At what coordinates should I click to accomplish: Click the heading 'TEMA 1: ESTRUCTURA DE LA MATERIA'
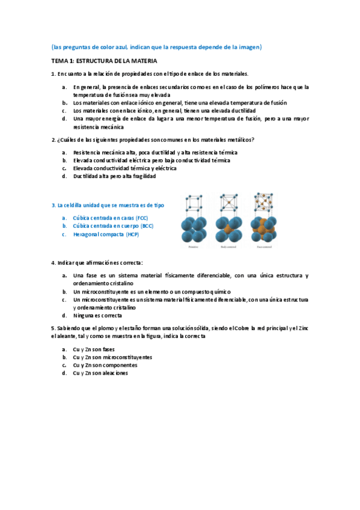[x=104, y=61]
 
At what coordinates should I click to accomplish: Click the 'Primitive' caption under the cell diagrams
[x=192, y=247]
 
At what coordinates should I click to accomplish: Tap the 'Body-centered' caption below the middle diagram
[x=228, y=247]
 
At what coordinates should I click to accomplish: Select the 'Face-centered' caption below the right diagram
[x=264, y=247]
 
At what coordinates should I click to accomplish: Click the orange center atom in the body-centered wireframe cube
[x=228, y=201]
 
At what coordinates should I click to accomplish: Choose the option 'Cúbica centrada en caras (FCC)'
[x=110, y=218]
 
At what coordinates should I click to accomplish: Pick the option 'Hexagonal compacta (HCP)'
[x=106, y=235]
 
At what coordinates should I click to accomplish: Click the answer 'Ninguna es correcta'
[x=97, y=315]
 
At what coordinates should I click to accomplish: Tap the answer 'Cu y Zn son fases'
[x=94, y=349]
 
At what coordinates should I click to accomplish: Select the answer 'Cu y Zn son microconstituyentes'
[x=112, y=357]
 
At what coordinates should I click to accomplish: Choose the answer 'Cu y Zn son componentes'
[x=105, y=365]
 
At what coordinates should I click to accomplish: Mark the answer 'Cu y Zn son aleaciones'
[x=100, y=373]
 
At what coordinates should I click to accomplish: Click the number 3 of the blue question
[x=53, y=206]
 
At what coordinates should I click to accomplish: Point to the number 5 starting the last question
[x=53, y=328]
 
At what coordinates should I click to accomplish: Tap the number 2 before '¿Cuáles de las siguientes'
[x=53, y=140]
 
